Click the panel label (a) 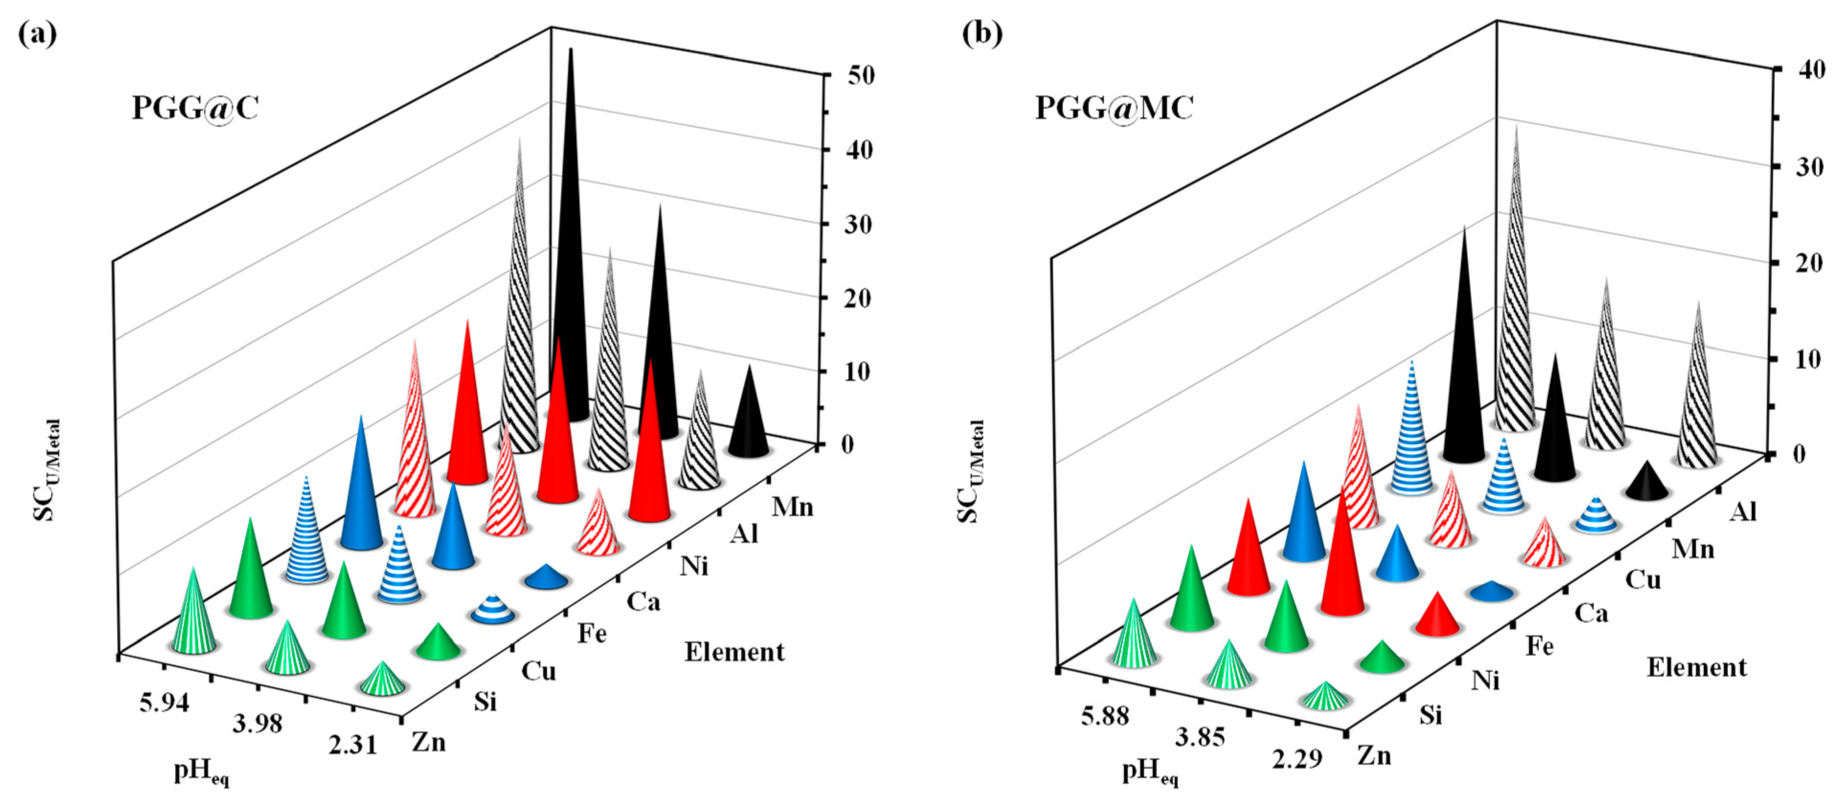click(x=37, y=34)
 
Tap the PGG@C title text click(x=195, y=108)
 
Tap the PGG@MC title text click(x=1114, y=108)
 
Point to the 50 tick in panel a click(x=860, y=75)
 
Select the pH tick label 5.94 click(x=164, y=703)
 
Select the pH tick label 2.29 click(x=1297, y=758)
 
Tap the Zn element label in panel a click(x=429, y=741)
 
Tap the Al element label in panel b click(x=1743, y=511)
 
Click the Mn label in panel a click(x=792, y=507)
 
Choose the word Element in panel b click(x=1696, y=667)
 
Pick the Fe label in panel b click(x=1539, y=646)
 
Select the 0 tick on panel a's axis click(x=847, y=444)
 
